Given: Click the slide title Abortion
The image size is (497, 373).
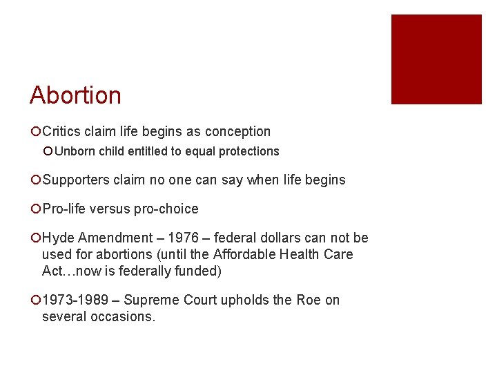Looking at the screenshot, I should [x=75, y=95].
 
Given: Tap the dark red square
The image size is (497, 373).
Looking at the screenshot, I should [x=436, y=59].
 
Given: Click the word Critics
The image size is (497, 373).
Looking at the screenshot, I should [x=64, y=131].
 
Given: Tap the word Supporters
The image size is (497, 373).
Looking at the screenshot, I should [x=76, y=180].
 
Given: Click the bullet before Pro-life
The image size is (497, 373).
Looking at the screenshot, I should [x=35, y=209].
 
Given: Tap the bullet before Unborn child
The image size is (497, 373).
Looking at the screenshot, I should [x=48, y=151].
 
